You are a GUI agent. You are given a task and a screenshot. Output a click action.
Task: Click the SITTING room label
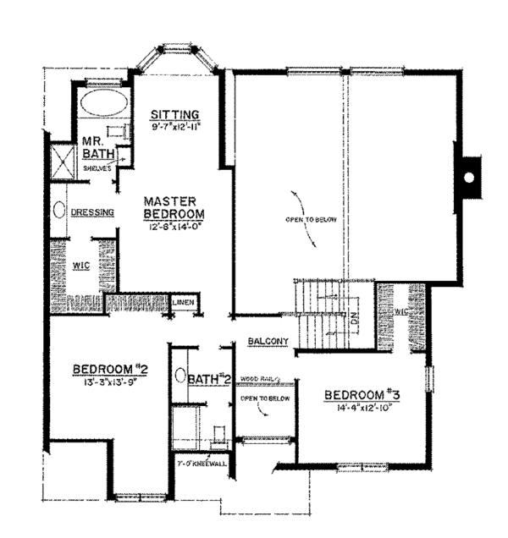[x=174, y=114]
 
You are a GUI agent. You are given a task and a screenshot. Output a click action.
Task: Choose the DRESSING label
[x=92, y=212]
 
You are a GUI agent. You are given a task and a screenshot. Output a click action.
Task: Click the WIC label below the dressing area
[x=81, y=265]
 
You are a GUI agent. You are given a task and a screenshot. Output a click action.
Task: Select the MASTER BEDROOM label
[x=170, y=208]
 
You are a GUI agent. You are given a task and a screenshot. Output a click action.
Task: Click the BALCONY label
[x=268, y=341]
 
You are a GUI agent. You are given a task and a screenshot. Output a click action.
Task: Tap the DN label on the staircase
[x=355, y=319]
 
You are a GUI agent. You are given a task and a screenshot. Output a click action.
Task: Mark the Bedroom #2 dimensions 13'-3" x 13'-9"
[x=110, y=382]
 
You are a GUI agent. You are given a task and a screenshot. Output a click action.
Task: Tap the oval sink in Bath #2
[x=179, y=375]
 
